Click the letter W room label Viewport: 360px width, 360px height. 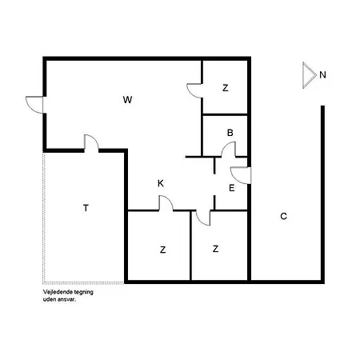pyautogui.click(x=127, y=100)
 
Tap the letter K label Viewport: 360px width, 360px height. pyautogui.click(x=161, y=183)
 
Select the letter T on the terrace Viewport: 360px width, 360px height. pyautogui.click(x=86, y=208)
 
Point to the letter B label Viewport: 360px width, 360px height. pyautogui.click(x=230, y=133)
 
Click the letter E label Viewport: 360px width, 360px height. pyautogui.click(x=232, y=188)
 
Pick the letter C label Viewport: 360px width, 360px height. pyautogui.click(x=283, y=216)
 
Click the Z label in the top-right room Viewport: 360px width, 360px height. pyautogui.click(x=226, y=88)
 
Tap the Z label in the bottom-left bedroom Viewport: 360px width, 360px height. pyautogui.click(x=162, y=250)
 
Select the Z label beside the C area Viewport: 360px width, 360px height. pyautogui.click(x=215, y=249)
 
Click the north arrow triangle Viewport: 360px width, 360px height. pyautogui.click(x=309, y=75)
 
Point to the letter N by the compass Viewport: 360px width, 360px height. pyautogui.click(x=322, y=75)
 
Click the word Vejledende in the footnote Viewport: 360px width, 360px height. pyautogui.click(x=56, y=292)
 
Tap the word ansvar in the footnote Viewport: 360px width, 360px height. pyautogui.click(x=69, y=299)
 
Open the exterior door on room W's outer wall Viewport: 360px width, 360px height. pyautogui.click(x=34, y=105)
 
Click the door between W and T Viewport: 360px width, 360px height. pyautogui.click(x=91, y=142)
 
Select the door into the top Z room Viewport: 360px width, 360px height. pyautogui.click(x=194, y=91)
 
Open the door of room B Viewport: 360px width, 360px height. pyautogui.click(x=229, y=150)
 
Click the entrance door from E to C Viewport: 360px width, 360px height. pyautogui.click(x=241, y=175)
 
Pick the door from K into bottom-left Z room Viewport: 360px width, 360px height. pyautogui.click(x=166, y=203)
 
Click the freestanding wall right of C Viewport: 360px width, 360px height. pyautogui.click(x=322, y=194)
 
